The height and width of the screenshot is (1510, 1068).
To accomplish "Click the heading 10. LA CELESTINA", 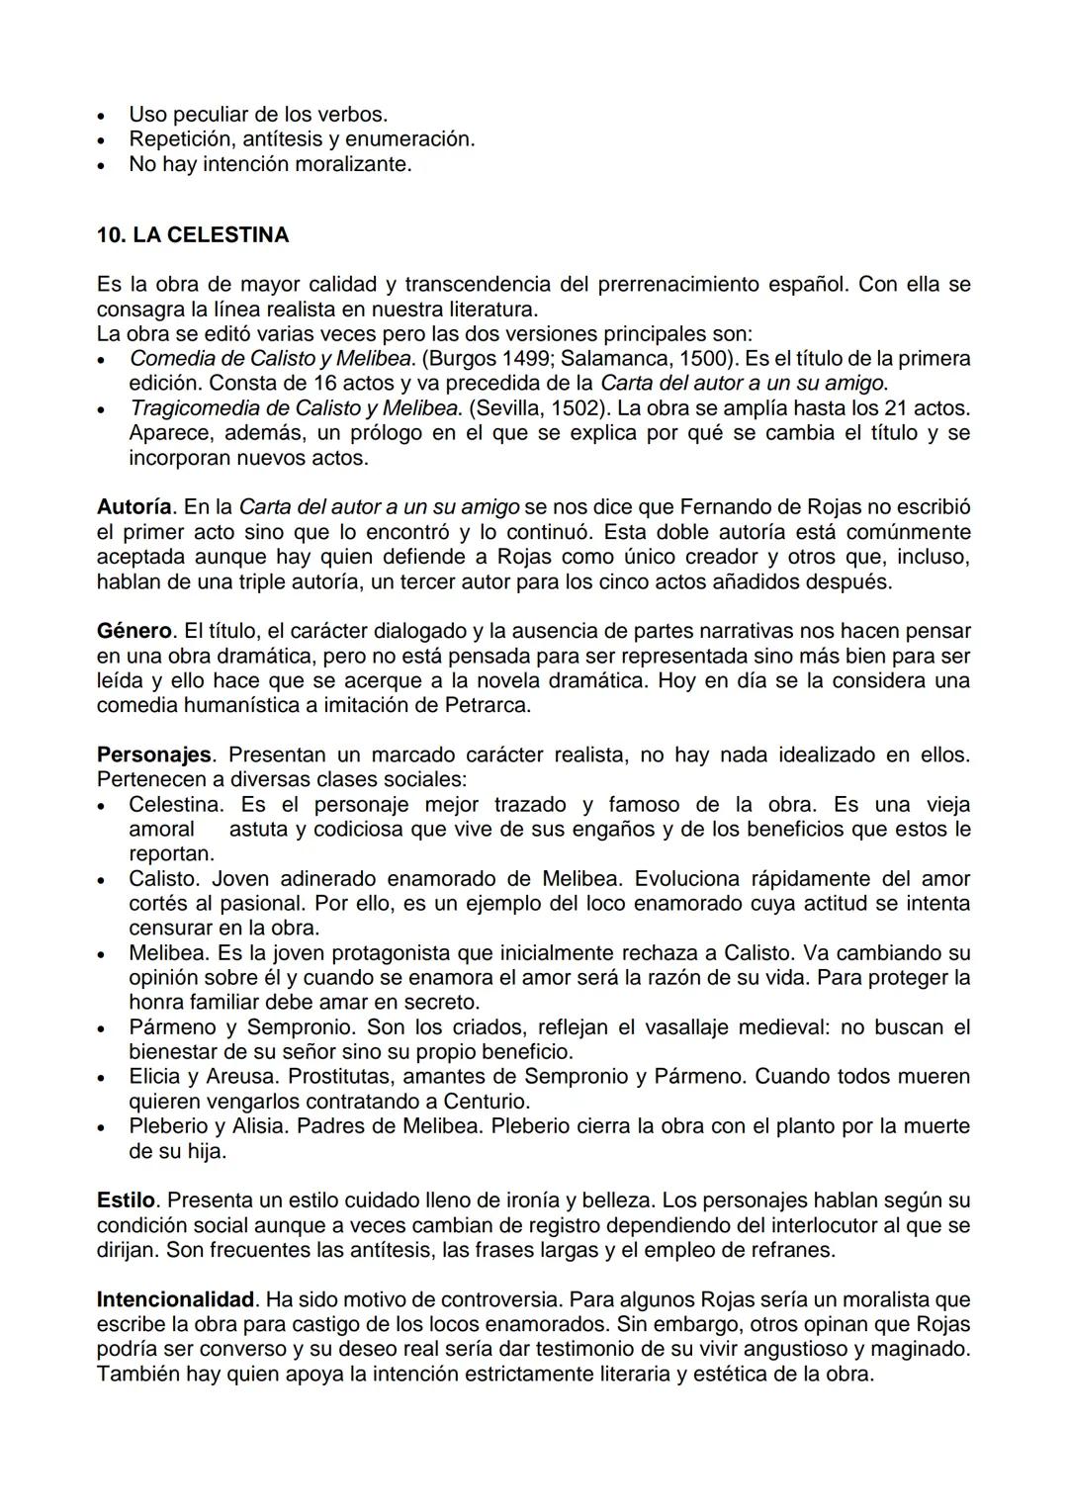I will coord(193,235).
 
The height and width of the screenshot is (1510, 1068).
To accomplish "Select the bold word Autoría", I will coord(134,507).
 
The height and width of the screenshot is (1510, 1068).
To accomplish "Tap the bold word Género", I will coord(134,631).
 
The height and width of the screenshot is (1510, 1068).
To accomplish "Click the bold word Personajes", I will coord(153,755).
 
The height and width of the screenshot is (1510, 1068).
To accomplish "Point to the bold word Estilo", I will coord(126,1200).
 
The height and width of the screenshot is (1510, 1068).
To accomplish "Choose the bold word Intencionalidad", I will coord(176,1299).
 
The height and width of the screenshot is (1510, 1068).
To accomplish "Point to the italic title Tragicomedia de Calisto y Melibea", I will coord(295,408).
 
